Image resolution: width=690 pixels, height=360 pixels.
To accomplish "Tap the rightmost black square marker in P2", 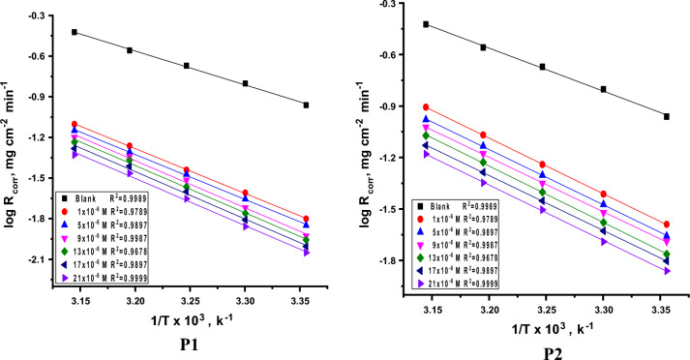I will (x=667, y=116).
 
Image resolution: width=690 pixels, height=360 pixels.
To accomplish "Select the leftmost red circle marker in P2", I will (x=426, y=107).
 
